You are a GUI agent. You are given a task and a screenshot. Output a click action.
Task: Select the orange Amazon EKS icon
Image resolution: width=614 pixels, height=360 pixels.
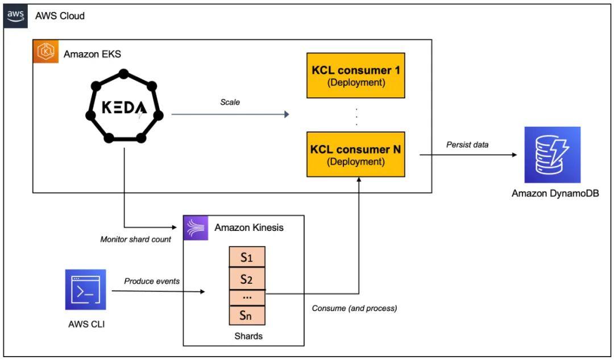click(x=45, y=52)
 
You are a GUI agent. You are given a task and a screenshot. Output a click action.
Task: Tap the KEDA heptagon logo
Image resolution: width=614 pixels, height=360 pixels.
click(x=124, y=107)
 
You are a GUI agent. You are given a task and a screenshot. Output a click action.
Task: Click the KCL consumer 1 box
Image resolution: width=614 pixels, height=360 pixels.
click(x=356, y=76)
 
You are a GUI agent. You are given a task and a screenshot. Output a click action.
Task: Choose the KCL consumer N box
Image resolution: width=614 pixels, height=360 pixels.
click(x=356, y=155)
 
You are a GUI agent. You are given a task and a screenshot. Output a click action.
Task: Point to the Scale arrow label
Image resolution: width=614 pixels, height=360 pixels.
click(x=230, y=102)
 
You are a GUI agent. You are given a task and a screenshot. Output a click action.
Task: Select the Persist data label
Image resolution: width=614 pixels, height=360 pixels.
click(x=468, y=144)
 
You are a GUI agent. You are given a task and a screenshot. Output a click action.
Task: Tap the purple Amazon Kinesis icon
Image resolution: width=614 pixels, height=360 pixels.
click(x=196, y=227)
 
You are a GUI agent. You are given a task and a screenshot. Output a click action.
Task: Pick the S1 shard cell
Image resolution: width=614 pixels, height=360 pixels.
click(x=247, y=257)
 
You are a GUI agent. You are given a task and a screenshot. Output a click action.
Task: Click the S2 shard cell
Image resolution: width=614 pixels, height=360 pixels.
click(x=247, y=279)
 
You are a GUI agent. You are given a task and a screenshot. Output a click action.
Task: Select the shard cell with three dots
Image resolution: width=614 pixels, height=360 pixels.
click(x=247, y=297)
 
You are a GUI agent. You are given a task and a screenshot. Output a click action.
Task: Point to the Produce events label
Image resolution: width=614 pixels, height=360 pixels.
click(x=152, y=281)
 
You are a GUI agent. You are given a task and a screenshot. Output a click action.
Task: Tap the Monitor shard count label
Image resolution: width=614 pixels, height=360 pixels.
click(x=135, y=239)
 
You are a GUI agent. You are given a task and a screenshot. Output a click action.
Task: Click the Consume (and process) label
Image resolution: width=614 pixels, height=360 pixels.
click(x=354, y=308)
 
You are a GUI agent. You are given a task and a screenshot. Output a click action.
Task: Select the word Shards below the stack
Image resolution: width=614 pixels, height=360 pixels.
click(x=248, y=336)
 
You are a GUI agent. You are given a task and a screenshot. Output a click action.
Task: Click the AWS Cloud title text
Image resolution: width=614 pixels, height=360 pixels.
click(x=60, y=16)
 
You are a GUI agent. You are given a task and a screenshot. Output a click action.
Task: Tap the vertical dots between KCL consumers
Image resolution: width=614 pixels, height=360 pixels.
click(x=356, y=115)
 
